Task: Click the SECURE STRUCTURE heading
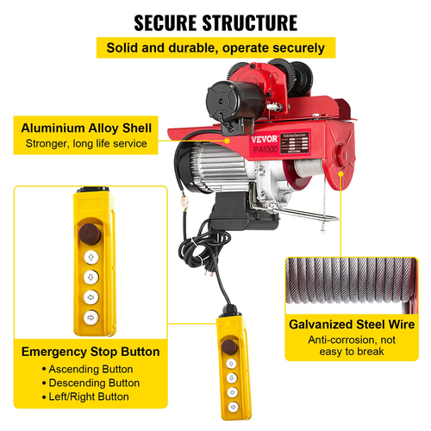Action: click(x=215, y=22)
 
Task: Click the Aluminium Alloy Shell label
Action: click(x=86, y=128)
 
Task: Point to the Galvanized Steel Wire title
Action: click(x=352, y=324)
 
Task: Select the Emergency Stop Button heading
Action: click(x=91, y=352)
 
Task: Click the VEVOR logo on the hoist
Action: click(x=265, y=140)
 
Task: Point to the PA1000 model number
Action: click(x=265, y=150)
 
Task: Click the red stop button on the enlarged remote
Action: click(x=90, y=234)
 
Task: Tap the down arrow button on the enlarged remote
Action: click(x=91, y=278)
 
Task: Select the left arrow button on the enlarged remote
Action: click(x=91, y=297)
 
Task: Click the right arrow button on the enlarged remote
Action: click(x=91, y=317)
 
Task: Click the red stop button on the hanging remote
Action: click(x=229, y=347)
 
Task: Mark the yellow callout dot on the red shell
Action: click(x=228, y=141)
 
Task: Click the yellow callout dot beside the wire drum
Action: click(x=341, y=174)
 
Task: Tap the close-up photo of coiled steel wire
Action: click(x=352, y=285)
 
